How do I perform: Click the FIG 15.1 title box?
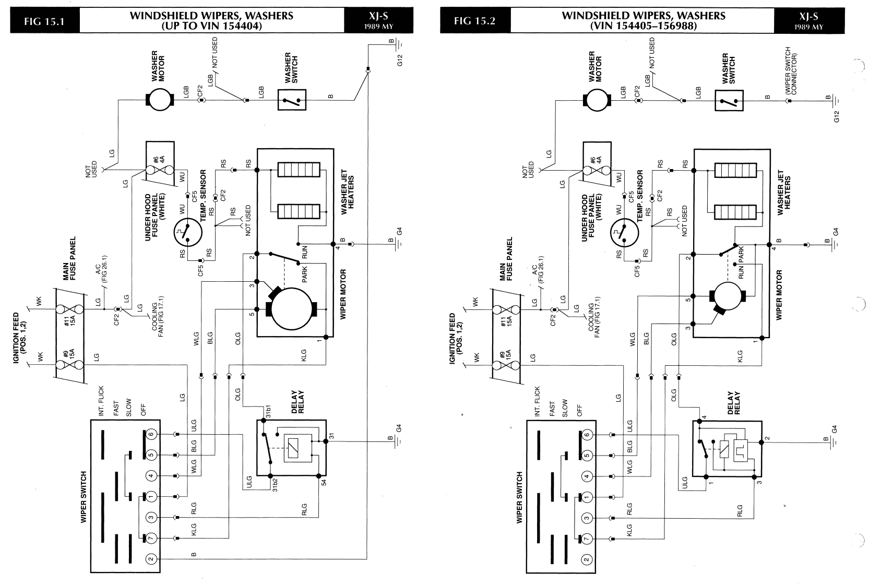[44, 20]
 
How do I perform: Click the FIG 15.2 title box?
[475, 20]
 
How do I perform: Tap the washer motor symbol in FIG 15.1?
[160, 100]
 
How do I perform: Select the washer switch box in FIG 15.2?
[729, 101]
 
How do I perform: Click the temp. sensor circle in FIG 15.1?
[188, 232]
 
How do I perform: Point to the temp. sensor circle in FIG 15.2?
[624, 233]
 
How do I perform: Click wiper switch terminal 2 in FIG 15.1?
[151, 559]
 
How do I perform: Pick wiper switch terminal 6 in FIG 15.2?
[587, 435]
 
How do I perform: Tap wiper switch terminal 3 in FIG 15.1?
[151, 517]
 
